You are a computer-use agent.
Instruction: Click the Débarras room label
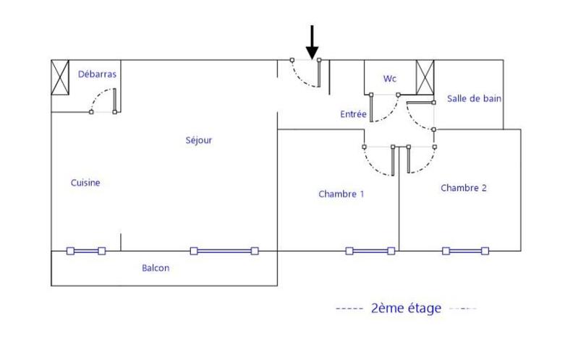[97, 74]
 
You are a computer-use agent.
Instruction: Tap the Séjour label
[199, 140]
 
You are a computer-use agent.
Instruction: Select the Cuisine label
[85, 183]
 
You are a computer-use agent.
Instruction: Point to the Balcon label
[156, 268]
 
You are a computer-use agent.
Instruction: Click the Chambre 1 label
[341, 194]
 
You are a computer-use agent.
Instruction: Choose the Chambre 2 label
[464, 188]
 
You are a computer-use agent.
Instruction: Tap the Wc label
[389, 77]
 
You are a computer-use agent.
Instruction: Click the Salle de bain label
[475, 98]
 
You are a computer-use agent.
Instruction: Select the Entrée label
[354, 115]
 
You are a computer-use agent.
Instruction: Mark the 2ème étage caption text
[405, 309]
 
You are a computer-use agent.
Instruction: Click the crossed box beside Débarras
[59, 78]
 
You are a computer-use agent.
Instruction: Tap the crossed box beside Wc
[425, 77]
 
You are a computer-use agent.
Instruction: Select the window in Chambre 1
[370, 251]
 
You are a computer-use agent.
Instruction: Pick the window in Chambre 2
[466, 251]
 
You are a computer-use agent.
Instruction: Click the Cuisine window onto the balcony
[86, 251]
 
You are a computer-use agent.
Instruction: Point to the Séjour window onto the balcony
[224, 251]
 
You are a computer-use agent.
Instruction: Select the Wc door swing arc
[386, 109]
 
